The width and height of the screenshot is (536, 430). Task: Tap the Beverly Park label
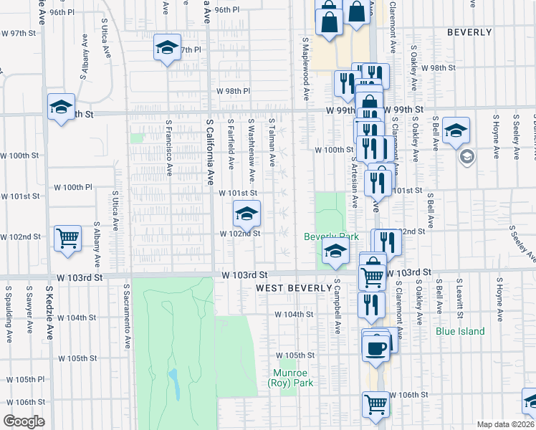pyautogui.click(x=331, y=236)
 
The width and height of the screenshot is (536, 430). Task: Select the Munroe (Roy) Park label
pyautogui.click(x=293, y=378)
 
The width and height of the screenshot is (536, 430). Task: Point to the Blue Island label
pyautogui.click(x=460, y=332)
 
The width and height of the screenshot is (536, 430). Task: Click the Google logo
pyautogui.click(x=23, y=421)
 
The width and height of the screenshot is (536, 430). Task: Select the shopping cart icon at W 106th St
pyautogui.click(x=376, y=404)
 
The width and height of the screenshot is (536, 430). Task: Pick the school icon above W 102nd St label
pyautogui.click(x=246, y=213)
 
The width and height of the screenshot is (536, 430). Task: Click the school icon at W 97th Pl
pyautogui.click(x=167, y=48)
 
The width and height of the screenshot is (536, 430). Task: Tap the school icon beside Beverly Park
pyautogui.click(x=335, y=252)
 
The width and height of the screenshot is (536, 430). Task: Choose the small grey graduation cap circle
pyautogui.click(x=467, y=157)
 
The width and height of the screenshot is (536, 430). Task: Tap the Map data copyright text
pyautogui.click(x=506, y=424)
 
